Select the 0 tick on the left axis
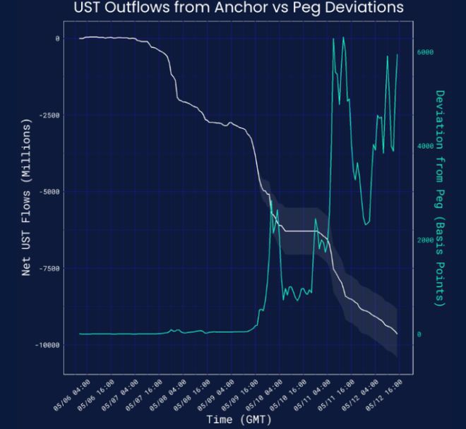56,38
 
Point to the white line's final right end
398,334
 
